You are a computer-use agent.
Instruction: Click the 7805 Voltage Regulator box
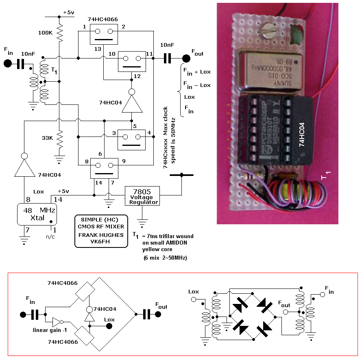pos(142,196)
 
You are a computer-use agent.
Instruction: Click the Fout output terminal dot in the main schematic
pos(186,59)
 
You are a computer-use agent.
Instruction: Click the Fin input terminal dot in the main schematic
pos(8,63)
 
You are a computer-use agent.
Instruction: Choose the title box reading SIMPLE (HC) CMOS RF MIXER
pos(101,231)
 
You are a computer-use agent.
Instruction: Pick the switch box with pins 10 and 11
pos(132,61)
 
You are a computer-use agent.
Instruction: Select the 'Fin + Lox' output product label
pos(197,72)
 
